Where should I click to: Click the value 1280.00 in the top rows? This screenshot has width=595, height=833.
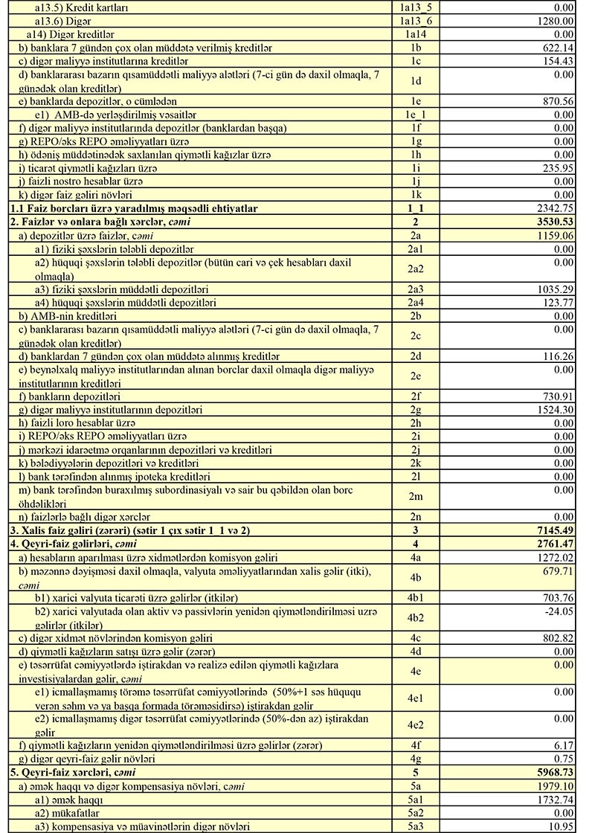[558, 21]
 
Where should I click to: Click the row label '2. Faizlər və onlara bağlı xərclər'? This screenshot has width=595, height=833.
[105, 222]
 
